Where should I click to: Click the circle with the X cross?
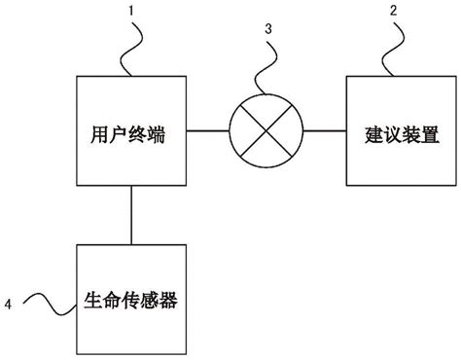tap(264, 130)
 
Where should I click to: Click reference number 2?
tap(392, 13)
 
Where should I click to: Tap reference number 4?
tap(9, 304)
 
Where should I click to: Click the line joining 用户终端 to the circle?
tap(206, 130)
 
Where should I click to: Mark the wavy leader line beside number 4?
tap(49, 304)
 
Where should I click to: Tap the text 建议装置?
tap(386, 130)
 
